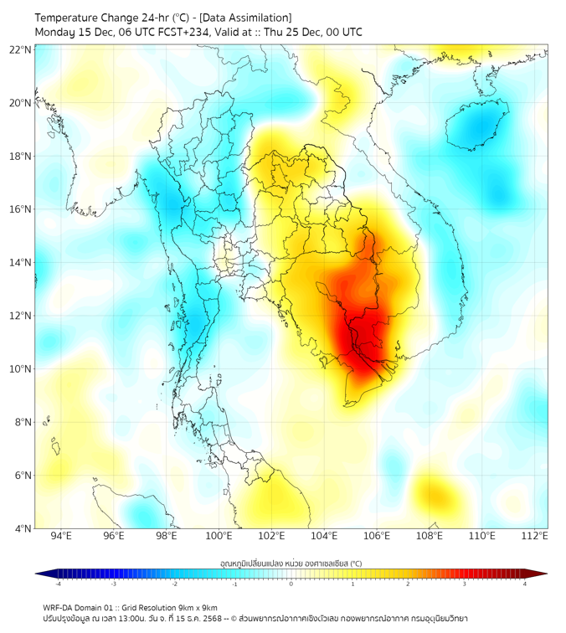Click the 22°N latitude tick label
pos(21,49)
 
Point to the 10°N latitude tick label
pos(21,369)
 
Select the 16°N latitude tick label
pos(21,209)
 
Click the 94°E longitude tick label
pos(61,536)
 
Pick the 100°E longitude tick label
pos(219,536)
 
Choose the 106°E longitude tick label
pos(377,536)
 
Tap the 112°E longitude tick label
pos(534,536)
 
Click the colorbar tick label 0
pos(291,584)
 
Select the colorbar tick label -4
pos(58,584)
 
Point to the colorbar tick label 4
pos(525,584)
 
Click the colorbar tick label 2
pos(409,584)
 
